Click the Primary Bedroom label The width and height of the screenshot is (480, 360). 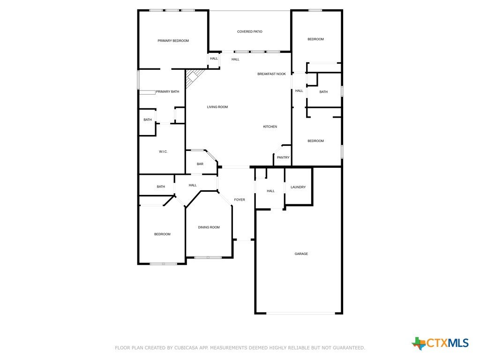tap(173, 41)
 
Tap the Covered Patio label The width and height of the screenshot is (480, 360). tap(249, 31)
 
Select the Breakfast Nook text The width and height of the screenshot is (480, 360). tap(271, 74)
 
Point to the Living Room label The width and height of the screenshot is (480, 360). tap(217, 107)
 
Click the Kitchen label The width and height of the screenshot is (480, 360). tap(270, 127)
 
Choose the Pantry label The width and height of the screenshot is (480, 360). tap(283, 157)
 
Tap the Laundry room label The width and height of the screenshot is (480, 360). tap(298, 187)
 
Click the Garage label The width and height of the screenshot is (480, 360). tap(301, 254)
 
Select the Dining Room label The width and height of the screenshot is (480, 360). tap(209, 227)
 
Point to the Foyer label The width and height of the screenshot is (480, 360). tap(240, 200)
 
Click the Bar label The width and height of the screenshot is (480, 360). tap(200, 164)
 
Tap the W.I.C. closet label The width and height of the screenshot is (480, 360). tap(163, 152)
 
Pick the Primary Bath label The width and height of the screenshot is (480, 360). tap(167, 92)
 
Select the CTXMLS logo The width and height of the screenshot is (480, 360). tap(440, 343)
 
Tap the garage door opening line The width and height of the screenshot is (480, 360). tap(300, 313)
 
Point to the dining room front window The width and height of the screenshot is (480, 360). tap(208, 257)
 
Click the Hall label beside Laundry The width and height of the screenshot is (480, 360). tap(270, 191)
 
